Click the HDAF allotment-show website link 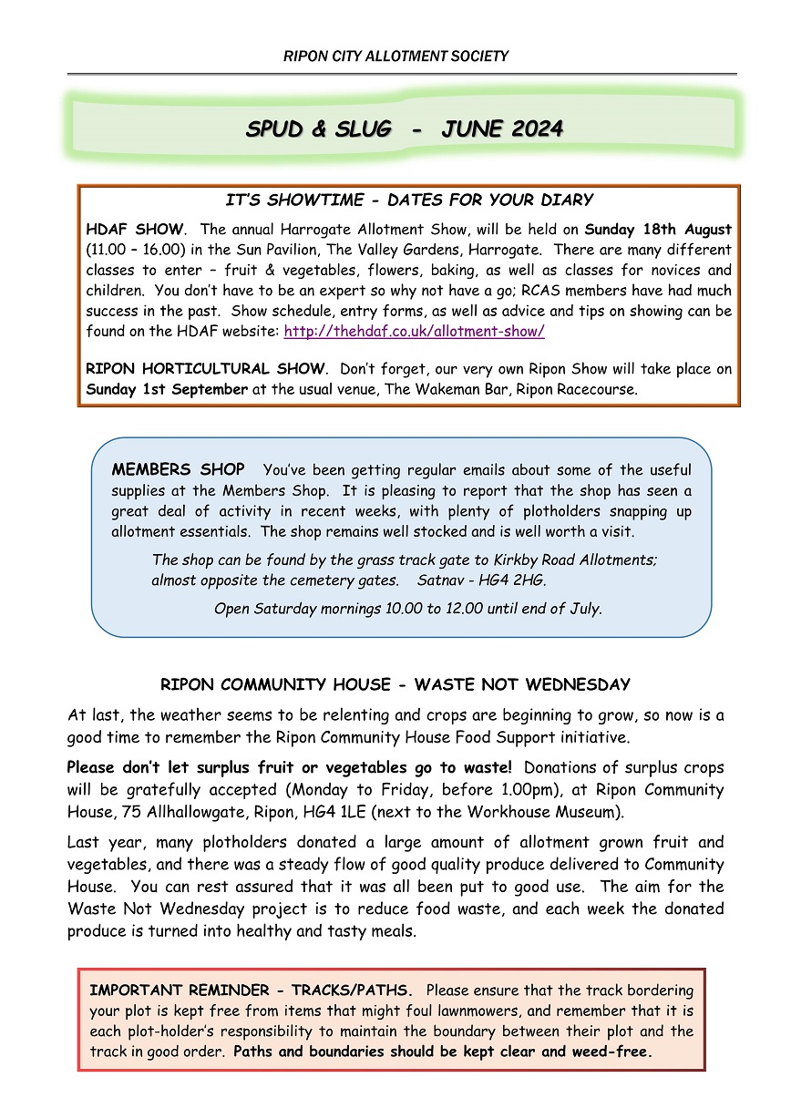tap(414, 332)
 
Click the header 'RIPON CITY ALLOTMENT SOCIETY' tap(395, 56)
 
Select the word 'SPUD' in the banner tap(274, 128)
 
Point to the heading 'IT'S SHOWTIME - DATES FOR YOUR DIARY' tap(409, 200)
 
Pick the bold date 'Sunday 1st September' tap(167, 389)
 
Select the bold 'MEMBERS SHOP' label tap(178, 470)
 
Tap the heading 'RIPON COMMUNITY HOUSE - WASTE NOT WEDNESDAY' tap(395, 684)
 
